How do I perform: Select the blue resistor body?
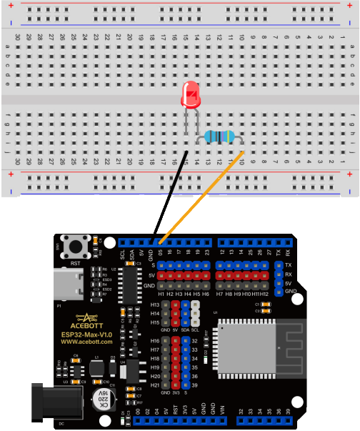pyautogui.click(x=218, y=137)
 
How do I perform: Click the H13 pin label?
pyautogui.click(x=156, y=305)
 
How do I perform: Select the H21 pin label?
pyautogui.click(x=156, y=385)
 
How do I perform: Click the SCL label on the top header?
pyautogui.click(x=123, y=252)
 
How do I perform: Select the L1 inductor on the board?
pyautogui.click(x=96, y=367)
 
